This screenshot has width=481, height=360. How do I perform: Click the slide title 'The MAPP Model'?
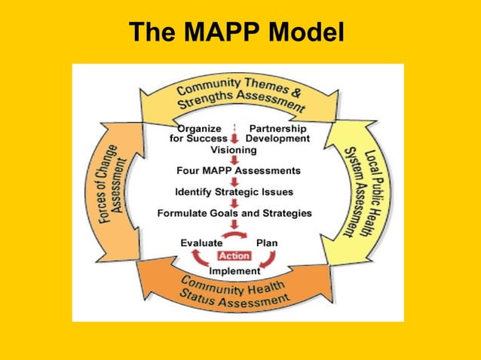236,32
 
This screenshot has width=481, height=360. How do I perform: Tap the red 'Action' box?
234,256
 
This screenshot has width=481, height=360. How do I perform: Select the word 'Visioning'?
234,150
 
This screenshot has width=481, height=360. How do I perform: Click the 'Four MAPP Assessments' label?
238,170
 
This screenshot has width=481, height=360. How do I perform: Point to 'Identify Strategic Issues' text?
234,191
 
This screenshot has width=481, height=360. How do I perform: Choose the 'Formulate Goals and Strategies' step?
234,213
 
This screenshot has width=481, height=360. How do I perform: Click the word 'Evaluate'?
201,243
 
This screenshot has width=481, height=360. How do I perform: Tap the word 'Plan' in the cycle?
267,243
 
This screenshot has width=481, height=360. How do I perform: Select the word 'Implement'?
234,270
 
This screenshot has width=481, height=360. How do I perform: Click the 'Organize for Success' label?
199,133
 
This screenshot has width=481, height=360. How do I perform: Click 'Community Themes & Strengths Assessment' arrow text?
240,95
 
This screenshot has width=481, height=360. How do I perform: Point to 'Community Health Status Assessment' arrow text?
234,292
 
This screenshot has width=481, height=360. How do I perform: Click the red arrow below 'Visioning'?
235,160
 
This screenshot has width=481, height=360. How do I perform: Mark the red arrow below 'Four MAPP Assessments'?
235,181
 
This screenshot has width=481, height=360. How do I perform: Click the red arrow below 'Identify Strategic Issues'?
235,202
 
